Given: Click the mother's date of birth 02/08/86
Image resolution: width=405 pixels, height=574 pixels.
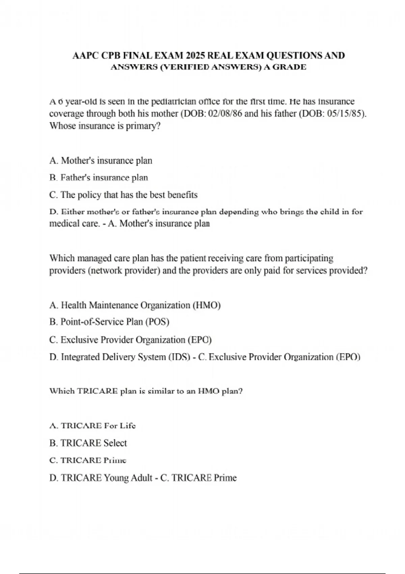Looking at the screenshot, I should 225,113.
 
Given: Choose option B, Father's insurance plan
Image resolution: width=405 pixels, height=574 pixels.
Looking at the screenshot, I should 99,178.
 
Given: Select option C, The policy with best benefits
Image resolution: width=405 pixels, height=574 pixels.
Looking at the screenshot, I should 123,195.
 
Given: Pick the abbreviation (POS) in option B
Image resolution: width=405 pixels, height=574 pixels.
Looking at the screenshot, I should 157,322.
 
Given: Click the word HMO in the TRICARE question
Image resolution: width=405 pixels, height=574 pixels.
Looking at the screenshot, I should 208,391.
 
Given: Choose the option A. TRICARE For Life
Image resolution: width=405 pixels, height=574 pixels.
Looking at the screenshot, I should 92,426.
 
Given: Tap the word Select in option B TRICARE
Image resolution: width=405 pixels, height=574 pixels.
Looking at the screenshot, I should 115,443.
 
